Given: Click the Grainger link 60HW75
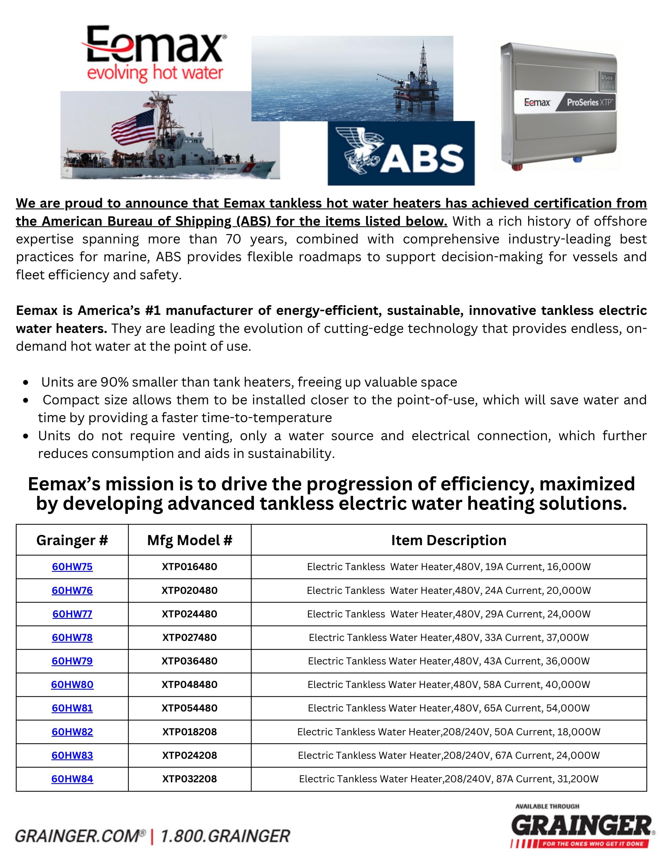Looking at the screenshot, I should (x=72, y=567).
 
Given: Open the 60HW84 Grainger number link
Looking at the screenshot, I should (x=72, y=779).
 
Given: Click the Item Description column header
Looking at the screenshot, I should (x=448, y=540).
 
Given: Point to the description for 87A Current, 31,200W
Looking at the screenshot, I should (x=448, y=779).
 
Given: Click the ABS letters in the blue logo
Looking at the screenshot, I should (x=422, y=158).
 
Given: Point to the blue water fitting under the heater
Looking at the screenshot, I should (x=577, y=159).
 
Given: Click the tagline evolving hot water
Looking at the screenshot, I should (x=155, y=73).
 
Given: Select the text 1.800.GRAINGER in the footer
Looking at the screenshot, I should (x=225, y=836).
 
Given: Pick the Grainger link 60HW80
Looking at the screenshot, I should (x=72, y=685).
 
